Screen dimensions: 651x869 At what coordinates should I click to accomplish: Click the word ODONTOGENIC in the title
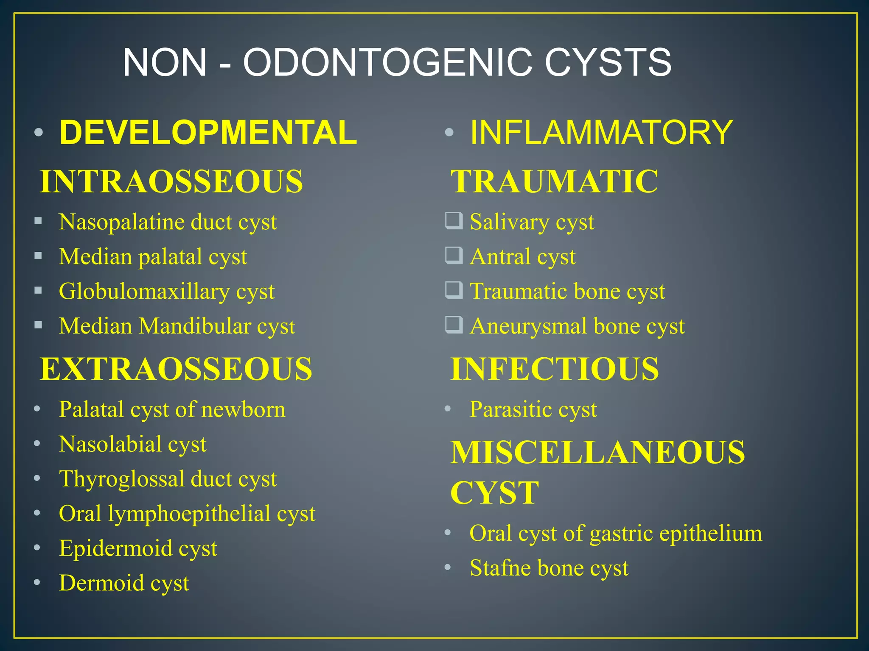[x=387, y=63]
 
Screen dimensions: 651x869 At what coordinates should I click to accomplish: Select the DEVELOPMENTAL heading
[x=208, y=133]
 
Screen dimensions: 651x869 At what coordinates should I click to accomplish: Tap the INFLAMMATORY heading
[x=601, y=133]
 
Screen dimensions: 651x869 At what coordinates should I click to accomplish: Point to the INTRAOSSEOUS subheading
[x=171, y=181]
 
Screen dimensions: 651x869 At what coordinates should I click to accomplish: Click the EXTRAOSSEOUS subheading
[x=176, y=369]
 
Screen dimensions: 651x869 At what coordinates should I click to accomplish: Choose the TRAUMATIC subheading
[x=554, y=181]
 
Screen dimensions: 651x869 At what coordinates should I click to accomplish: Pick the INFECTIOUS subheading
[x=555, y=369]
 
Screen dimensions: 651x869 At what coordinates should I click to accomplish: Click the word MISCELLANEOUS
[x=597, y=452]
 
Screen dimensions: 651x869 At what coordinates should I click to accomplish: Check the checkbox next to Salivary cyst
[x=454, y=221]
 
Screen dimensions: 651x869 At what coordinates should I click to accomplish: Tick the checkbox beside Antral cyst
[x=454, y=256]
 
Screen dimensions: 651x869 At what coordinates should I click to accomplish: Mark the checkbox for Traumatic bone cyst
[x=454, y=290]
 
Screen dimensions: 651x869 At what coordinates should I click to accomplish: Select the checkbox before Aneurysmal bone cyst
[x=454, y=325]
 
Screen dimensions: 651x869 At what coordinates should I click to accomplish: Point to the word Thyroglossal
[x=121, y=479]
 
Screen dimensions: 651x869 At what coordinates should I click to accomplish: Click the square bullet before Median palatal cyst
[x=38, y=256]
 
